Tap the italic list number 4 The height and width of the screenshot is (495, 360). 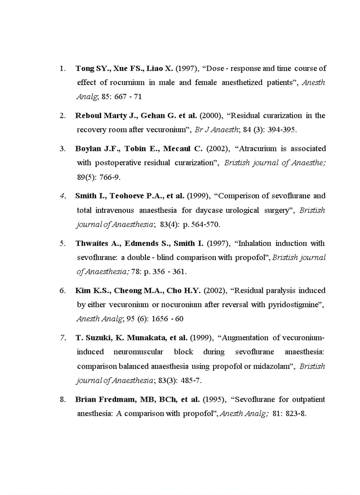point(63,196)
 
